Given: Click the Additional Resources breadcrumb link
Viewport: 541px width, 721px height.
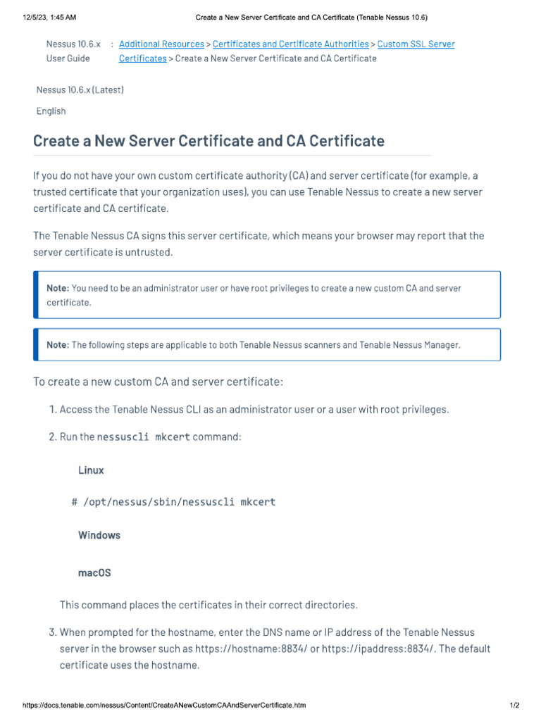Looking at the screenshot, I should click(x=161, y=44).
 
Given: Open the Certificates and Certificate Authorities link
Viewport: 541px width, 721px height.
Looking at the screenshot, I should click(x=290, y=44).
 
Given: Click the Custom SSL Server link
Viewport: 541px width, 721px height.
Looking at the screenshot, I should click(x=416, y=44).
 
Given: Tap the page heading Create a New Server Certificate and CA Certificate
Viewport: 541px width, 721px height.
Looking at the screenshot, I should click(x=209, y=141).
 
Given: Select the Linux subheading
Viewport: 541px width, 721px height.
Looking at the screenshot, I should click(x=91, y=470).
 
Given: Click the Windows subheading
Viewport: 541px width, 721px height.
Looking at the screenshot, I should click(x=99, y=535).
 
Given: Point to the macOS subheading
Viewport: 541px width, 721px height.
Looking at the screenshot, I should click(x=94, y=573).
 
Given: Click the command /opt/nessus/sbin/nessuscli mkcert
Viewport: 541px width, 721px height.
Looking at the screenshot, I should click(x=179, y=502).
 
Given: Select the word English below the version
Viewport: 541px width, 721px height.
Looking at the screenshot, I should click(x=51, y=111).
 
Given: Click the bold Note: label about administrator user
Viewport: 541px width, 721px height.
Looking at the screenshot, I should click(x=58, y=288).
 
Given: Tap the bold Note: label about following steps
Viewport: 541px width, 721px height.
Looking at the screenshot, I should click(x=58, y=345).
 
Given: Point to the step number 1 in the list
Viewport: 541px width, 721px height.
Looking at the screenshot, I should click(x=53, y=410).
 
